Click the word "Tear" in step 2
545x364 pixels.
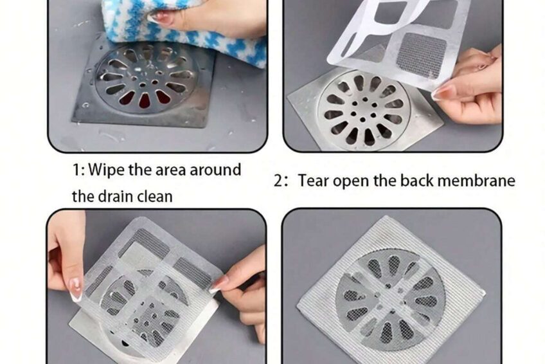pyautogui.click(x=313, y=181)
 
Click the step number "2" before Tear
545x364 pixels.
pyautogui.click(x=279, y=181)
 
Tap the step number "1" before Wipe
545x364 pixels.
pyautogui.click(x=76, y=170)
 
